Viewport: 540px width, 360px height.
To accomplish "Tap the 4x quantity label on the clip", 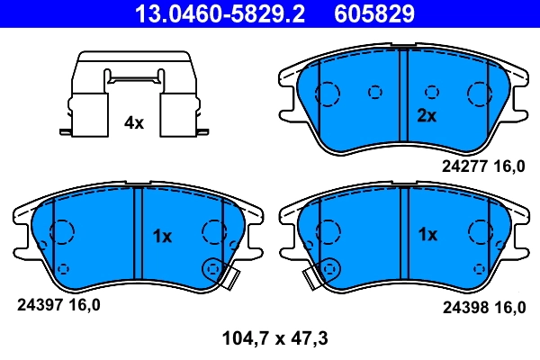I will pyautogui.click(x=133, y=123).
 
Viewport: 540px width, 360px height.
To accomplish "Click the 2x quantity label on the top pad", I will pyautogui.click(x=426, y=115).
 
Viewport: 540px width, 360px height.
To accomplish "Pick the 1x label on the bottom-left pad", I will pyautogui.click(x=161, y=237).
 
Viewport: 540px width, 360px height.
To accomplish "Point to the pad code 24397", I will pyautogui.click(x=39, y=304).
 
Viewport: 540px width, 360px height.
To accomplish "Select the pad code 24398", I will pyautogui.click(x=463, y=307).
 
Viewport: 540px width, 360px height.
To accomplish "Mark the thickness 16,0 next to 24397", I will pyautogui.click(x=84, y=304).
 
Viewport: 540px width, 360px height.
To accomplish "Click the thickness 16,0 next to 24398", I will pyautogui.click(x=508, y=307).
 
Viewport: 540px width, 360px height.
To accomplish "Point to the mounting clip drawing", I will pyautogui.click(x=133, y=94).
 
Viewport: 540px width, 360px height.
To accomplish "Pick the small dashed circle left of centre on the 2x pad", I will pyautogui.click(x=375, y=91).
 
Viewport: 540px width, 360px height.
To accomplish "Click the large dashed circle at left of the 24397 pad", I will pyautogui.click(x=61, y=232).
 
